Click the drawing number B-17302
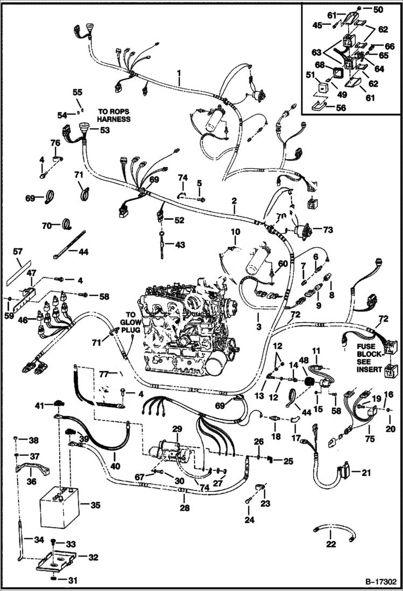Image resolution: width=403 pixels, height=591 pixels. (x=380, y=582)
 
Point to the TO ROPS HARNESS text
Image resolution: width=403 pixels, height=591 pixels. (x=114, y=115)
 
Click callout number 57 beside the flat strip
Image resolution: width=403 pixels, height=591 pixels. (x=18, y=252)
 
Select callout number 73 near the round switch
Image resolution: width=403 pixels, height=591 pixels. (x=328, y=230)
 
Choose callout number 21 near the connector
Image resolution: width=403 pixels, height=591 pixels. (x=366, y=473)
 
